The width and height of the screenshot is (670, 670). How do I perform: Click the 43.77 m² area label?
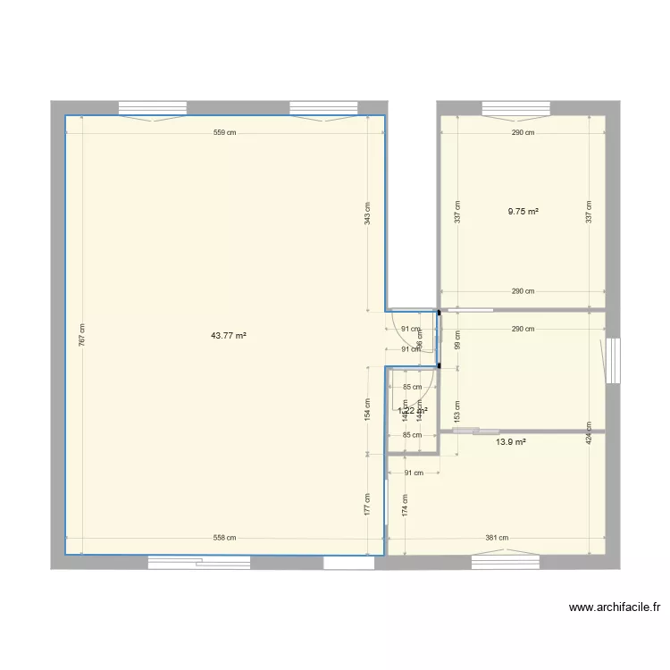pos(228,336)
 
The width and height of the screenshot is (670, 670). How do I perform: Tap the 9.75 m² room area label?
pos(523,212)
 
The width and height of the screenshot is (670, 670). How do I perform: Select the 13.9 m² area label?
pos(510,442)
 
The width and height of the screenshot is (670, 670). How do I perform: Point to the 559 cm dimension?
pos(225,133)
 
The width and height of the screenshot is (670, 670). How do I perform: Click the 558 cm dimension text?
pos(224,538)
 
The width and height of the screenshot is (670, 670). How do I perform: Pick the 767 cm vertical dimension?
pos(82,335)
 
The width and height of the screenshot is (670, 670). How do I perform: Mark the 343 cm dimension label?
pos(367,213)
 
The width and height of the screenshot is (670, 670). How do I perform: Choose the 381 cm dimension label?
pos(497,538)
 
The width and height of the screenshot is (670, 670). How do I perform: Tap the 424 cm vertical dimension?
pos(589,432)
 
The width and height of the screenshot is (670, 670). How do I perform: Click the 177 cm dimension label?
pos(367,504)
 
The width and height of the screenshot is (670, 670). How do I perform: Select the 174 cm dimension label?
pos(406,506)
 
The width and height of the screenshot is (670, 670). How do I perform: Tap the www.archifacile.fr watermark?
pos(615,607)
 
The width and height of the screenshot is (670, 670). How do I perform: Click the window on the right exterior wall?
pos(613,360)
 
